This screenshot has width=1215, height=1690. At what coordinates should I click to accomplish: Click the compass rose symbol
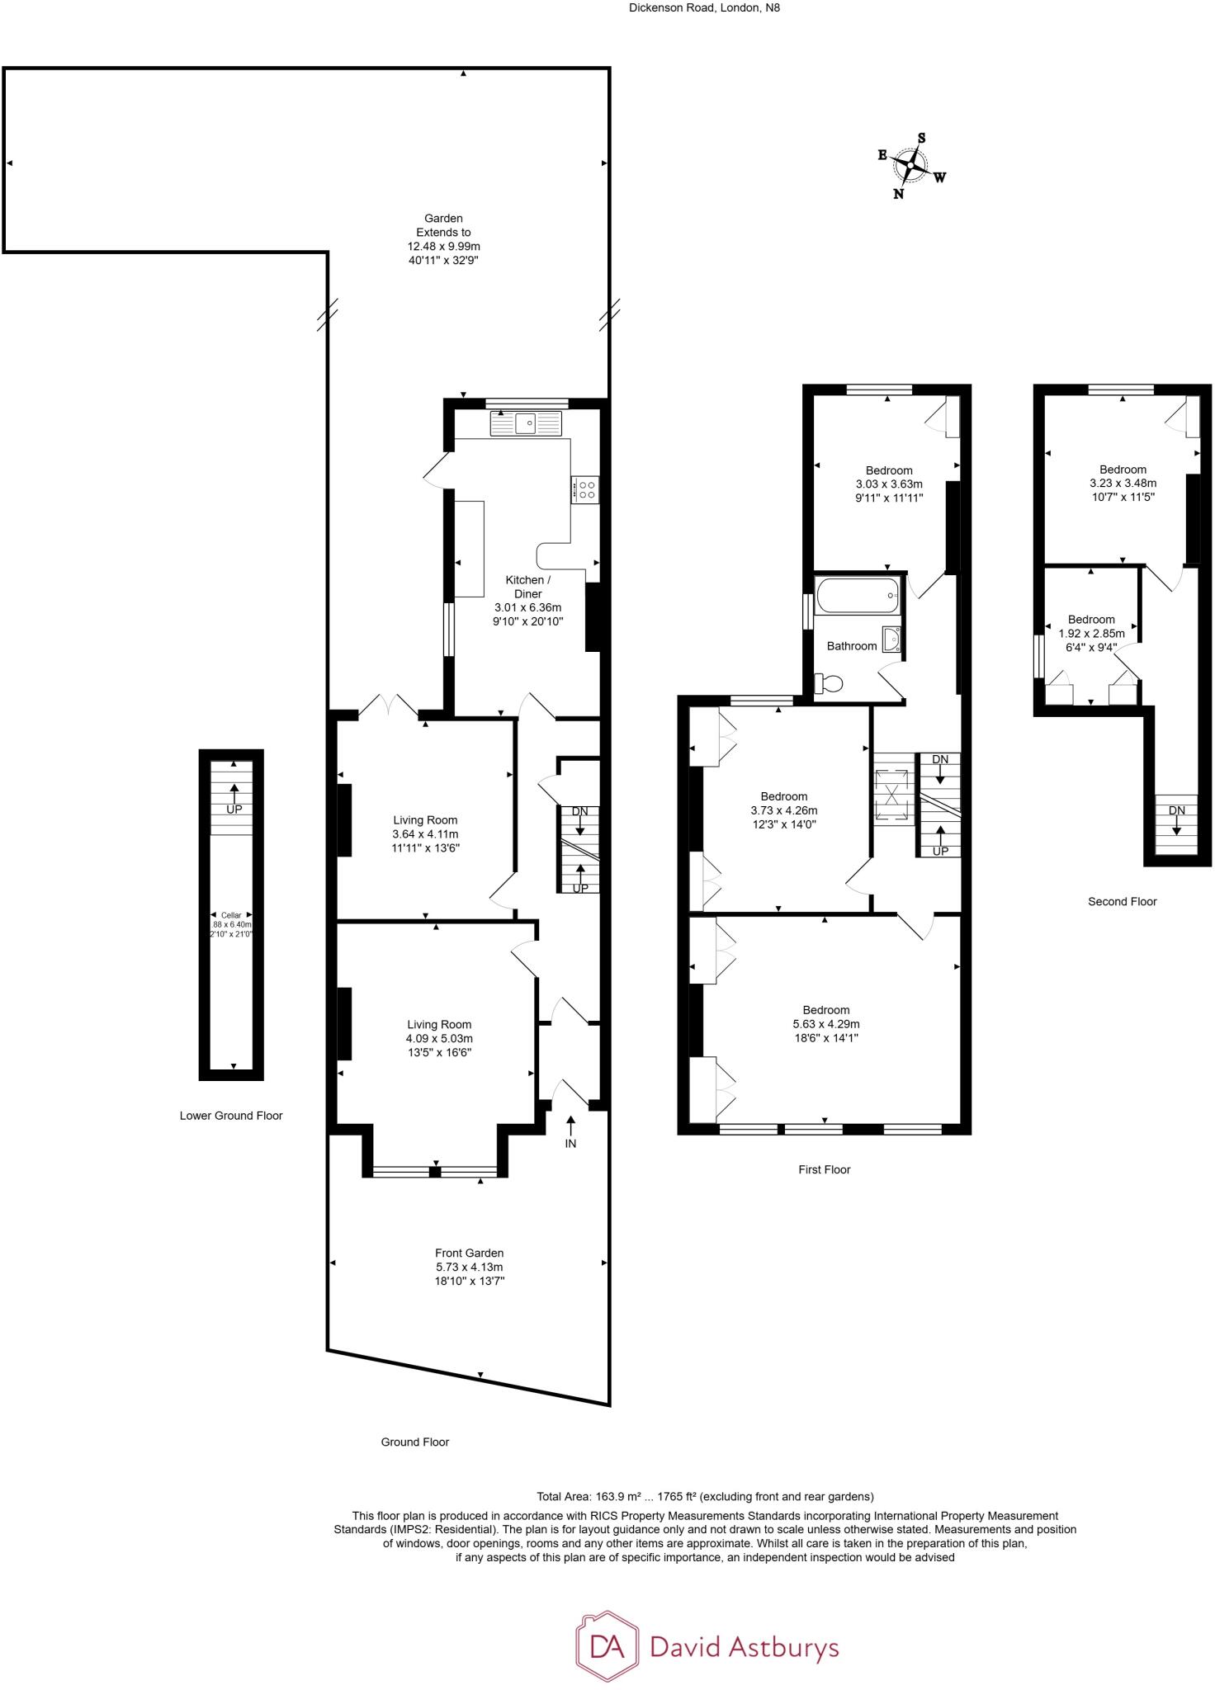click(x=910, y=166)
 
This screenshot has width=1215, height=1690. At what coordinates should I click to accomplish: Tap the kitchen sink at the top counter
click(x=526, y=424)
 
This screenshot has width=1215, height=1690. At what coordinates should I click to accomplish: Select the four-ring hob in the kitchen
click(x=586, y=489)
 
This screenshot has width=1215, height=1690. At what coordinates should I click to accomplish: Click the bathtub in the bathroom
click(x=857, y=595)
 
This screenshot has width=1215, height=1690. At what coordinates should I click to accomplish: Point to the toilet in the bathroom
click(x=828, y=683)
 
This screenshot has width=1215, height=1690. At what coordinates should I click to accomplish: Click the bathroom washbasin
click(x=891, y=640)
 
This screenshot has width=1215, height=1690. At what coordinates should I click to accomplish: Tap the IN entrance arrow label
click(x=570, y=1144)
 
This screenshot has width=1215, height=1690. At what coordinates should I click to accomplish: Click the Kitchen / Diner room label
click(x=527, y=587)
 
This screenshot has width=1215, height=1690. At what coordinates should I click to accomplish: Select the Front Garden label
click(x=469, y=1253)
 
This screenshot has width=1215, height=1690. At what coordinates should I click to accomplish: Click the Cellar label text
click(x=231, y=915)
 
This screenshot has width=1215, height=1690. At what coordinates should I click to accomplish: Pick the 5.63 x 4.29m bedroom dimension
click(x=825, y=1024)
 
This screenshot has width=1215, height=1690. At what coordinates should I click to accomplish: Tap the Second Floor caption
click(x=1122, y=901)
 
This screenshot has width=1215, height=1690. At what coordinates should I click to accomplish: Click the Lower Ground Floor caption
click(x=231, y=1116)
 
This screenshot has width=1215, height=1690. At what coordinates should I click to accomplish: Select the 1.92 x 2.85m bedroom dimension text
click(x=1091, y=634)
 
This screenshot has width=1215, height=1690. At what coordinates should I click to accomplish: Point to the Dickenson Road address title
click(x=704, y=7)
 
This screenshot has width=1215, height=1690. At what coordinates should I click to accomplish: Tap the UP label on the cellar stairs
click(x=234, y=810)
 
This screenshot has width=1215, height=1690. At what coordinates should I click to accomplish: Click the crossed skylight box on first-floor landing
click(x=894, y=797)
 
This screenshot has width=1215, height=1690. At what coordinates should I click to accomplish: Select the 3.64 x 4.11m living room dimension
click(x=425, y=834)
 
